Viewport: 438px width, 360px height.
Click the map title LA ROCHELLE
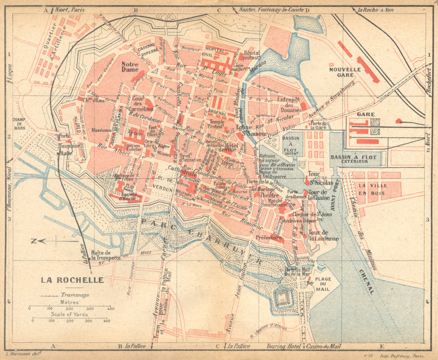[72, 280]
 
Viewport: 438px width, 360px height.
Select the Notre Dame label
[130, 67]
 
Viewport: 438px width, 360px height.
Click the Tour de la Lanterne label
[323, 236]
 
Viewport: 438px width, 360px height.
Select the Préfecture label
[269, 237]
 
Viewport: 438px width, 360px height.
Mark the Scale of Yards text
[69, 314]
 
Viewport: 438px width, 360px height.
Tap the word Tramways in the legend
[74, 295]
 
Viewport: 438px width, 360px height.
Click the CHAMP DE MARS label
[19, 124]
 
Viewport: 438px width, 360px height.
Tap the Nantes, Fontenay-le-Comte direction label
[272, 10]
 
